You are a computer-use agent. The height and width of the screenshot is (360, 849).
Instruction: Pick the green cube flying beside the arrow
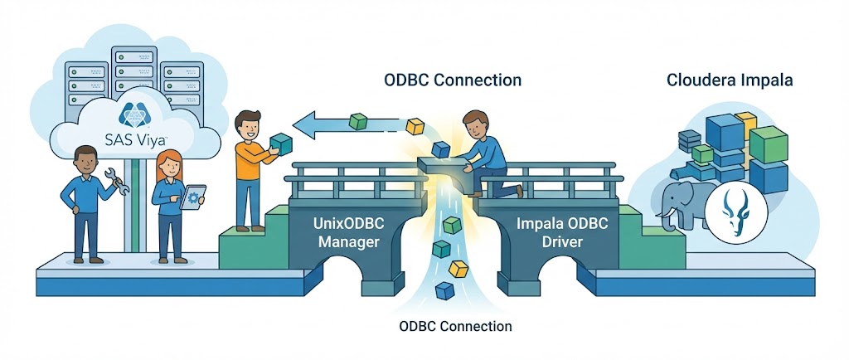[358, 121]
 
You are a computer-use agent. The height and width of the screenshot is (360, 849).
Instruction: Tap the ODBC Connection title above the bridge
[453, 80]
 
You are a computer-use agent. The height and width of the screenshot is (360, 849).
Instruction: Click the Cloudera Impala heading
[730, 80]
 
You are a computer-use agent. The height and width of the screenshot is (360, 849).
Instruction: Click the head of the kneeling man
[476, 125]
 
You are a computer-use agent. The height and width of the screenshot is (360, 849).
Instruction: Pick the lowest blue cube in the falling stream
[446, 290]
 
